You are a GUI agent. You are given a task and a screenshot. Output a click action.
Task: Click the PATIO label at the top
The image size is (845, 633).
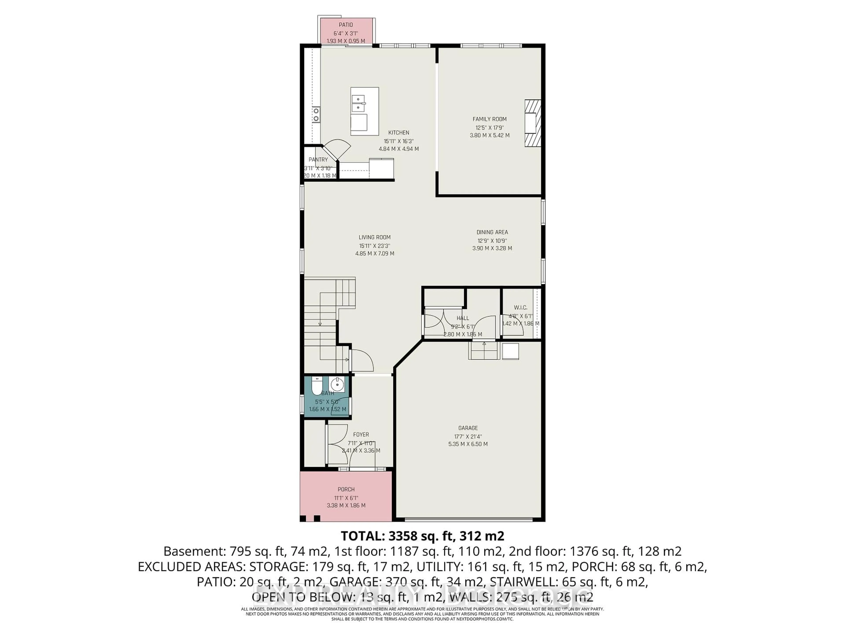click(x=346, y=25)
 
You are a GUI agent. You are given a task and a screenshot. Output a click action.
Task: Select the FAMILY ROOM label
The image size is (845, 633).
click(x=489, y=119)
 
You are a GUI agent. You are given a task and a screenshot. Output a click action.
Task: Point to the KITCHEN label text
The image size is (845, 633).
click(x=399, y=132)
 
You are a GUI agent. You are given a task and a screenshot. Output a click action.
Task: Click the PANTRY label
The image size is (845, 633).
click(x=318, y=160)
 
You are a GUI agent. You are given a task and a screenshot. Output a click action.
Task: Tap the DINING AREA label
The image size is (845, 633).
click(x=492, y=232)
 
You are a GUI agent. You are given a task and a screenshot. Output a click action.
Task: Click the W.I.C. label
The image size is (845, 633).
click(x=520, y=307)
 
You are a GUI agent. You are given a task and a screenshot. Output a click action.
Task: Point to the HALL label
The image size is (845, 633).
click(x=463, y=318)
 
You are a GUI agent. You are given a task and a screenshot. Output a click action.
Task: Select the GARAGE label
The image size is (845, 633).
click(x=468, y=428)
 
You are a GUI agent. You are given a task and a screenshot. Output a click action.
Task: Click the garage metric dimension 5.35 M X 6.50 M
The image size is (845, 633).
click(x=468, y=444)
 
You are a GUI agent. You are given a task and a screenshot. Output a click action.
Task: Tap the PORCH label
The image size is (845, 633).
click(x=346, y=489)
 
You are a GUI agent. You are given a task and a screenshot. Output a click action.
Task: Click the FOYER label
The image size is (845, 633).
click(x=361, y=435)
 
